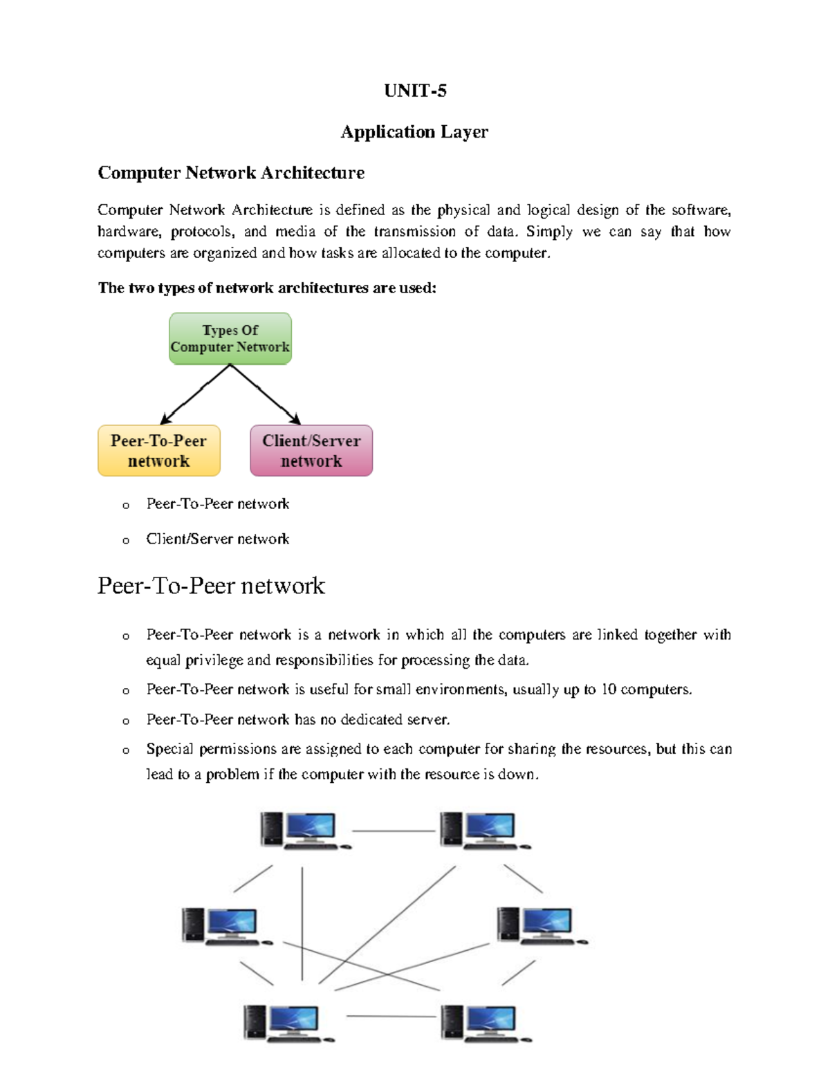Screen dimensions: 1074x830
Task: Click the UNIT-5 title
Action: (415, 91)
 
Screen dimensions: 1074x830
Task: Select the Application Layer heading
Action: (414, 131)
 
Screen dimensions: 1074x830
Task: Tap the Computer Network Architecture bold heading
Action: (231, 172)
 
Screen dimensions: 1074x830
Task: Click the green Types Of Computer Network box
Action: (230, 338)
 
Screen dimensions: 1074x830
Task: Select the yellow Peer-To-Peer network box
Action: (159, 451)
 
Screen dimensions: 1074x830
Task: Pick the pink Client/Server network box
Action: (311, 451)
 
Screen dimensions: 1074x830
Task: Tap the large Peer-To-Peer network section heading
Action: (211, 586)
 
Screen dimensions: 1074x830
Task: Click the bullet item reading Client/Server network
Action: (217, 539)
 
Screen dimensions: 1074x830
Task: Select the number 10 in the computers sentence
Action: (609, 689)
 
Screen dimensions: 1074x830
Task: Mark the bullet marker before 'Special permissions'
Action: (126, 750)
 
